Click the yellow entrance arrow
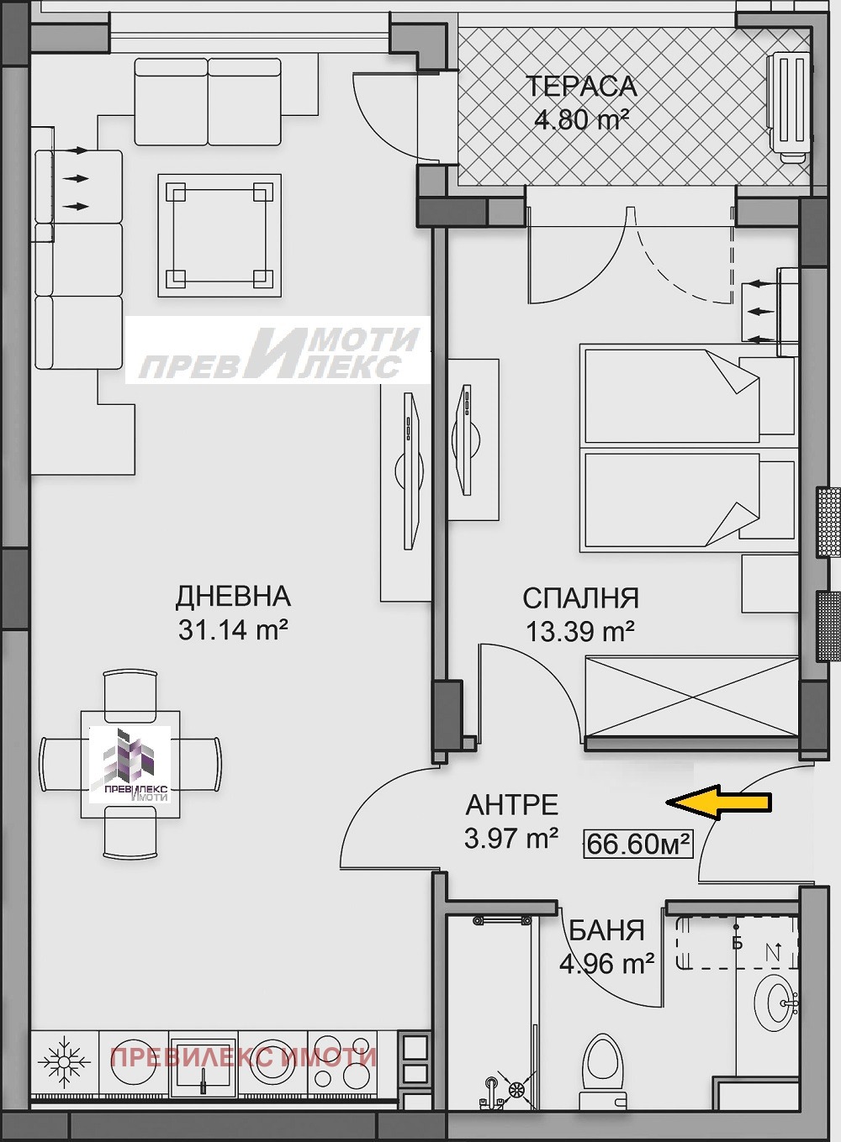point(719,803)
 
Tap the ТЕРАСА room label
point(581,87)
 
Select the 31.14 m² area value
point(233,629)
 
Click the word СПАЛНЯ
point(580,597)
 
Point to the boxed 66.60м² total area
point(638,843)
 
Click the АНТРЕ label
point(511,804)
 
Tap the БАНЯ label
point(606,930)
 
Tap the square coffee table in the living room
point(219,235)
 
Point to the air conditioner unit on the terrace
point(789,105)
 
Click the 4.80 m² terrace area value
point(582,119)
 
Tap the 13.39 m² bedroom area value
point(579,630)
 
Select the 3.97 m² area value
point(511,838)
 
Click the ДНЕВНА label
point(233,596)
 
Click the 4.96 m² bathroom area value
point(606,963)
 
